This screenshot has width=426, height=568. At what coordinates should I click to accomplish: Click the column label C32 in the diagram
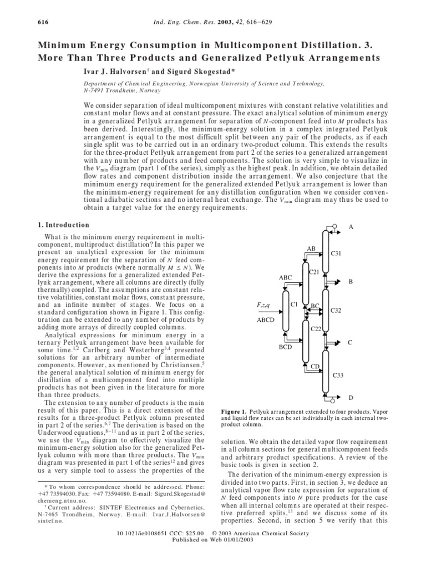336,311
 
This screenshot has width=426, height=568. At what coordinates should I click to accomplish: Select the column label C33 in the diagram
338,376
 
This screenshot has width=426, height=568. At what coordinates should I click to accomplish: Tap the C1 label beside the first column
293,305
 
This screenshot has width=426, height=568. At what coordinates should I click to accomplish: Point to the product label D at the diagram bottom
350,398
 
